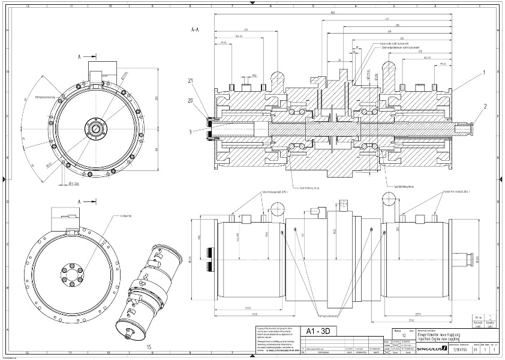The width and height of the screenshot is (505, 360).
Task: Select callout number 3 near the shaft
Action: click(190, 131)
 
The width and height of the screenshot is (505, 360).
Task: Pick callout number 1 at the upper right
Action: click(482, 72)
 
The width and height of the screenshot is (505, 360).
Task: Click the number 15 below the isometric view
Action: click(149, 346)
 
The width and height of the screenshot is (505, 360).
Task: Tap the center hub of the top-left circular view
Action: click(94, 127)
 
